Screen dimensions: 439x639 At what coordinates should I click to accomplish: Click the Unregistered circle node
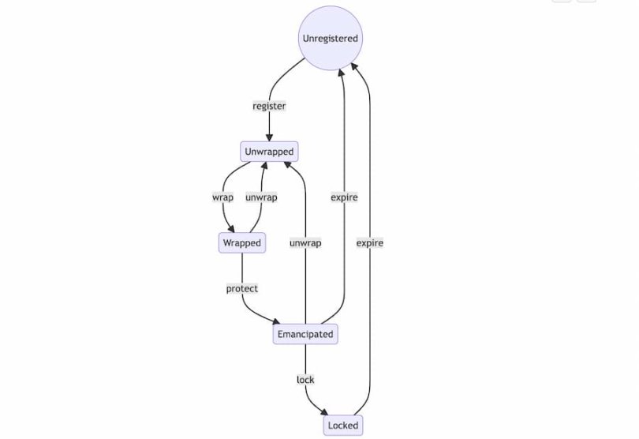pyautogui.click(x=330, y=38)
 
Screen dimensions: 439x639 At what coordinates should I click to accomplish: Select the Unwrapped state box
pyautogui.click(x=269, y=151)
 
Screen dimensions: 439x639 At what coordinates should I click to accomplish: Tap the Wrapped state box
pyautogui.click(x=241, y=242)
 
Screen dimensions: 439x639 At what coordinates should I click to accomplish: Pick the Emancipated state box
pyautogui.click(x=305, y=334)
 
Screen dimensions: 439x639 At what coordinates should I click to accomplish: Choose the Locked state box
pyautogui.click(x=343, y=425)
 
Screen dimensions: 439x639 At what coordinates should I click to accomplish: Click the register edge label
pyautogui.click(x=269, y=106)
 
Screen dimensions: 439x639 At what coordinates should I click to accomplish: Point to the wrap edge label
pyautogui.click(x=222, y=197)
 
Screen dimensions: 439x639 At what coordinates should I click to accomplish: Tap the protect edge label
pyautogui.click(x=241, y=288)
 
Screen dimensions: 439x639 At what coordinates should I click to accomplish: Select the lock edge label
pyautogui.click(x=305, y=380)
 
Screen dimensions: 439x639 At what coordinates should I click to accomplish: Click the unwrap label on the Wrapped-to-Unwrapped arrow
pyautogui.click(x=261, y=197)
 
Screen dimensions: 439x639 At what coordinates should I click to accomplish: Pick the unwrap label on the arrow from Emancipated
pyautogui.click(x=305, y=242)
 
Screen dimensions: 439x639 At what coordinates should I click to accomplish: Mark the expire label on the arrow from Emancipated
pyautogui.click(x=344, y=197)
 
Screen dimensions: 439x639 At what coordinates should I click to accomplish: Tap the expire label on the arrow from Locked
pyautogui.click(x=369, y=242)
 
